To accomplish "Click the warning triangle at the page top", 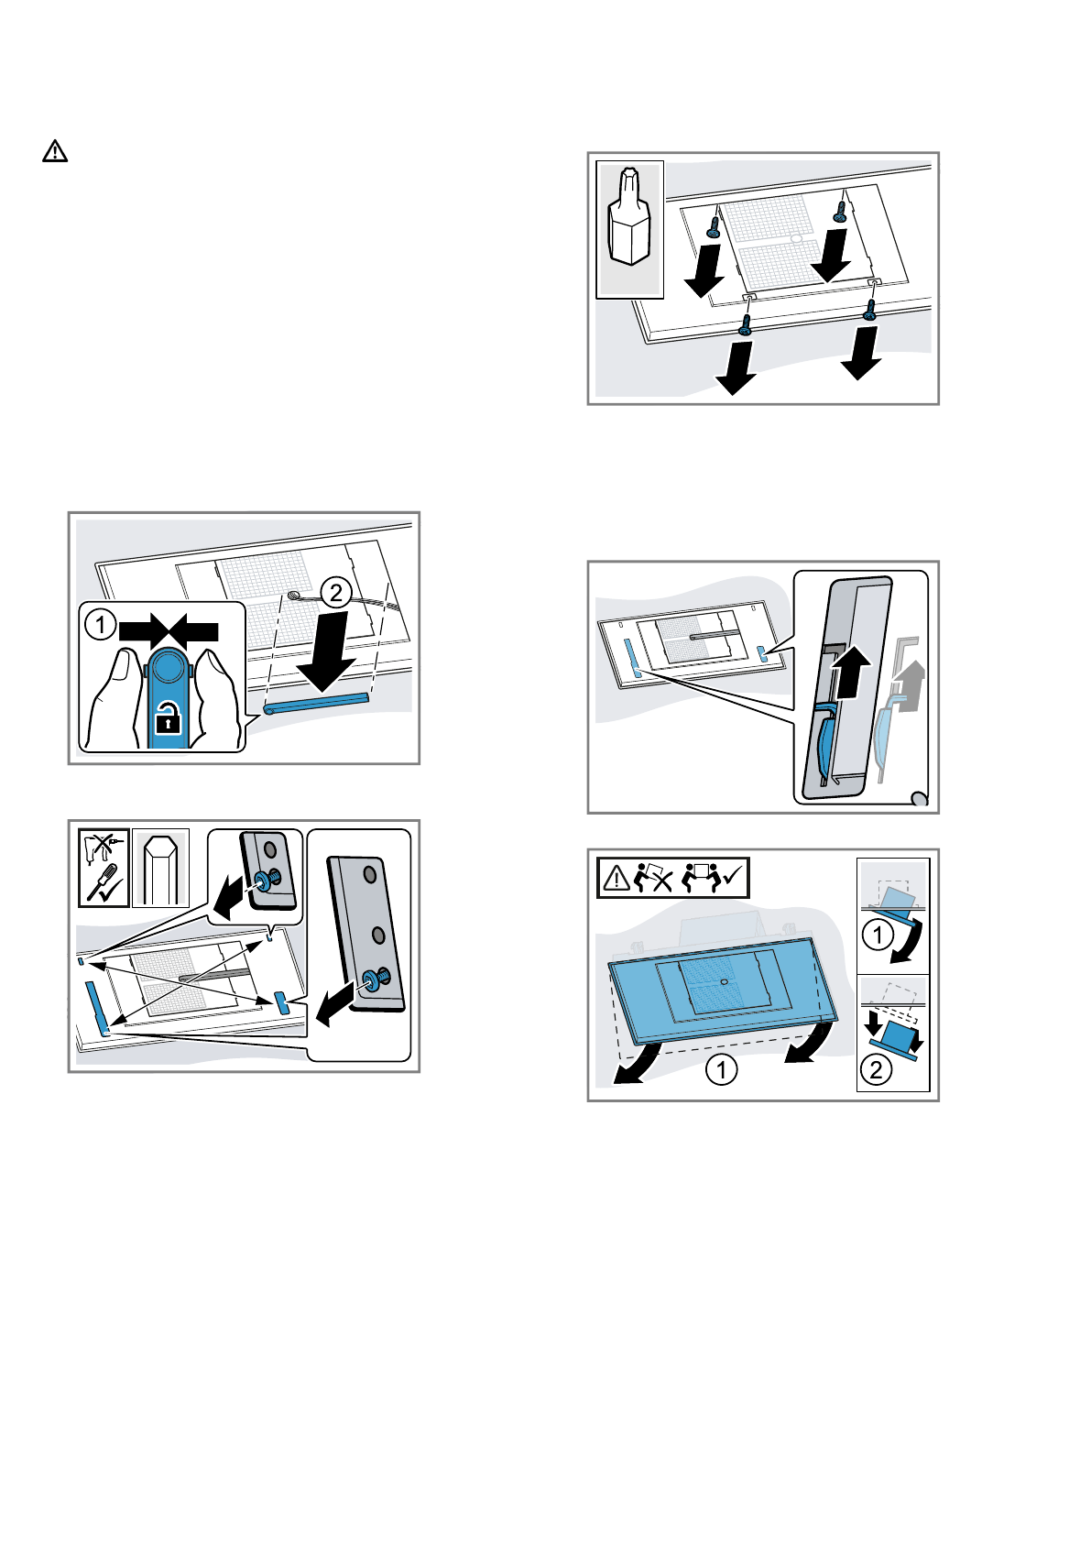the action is click(x=55, y=151).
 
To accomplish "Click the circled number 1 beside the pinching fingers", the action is click(x=100, y=627).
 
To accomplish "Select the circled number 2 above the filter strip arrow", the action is click(x=336, y=593).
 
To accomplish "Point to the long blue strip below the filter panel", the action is click(x=316, y=702).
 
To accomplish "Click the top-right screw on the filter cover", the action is click(x=839, y=210).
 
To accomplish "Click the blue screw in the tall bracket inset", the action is click(x=375, y=980).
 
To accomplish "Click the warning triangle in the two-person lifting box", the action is click(x=617, y=879).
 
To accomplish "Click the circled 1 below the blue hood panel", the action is click(x=721, y=1069).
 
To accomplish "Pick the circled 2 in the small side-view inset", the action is click(x=876, y=1069).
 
